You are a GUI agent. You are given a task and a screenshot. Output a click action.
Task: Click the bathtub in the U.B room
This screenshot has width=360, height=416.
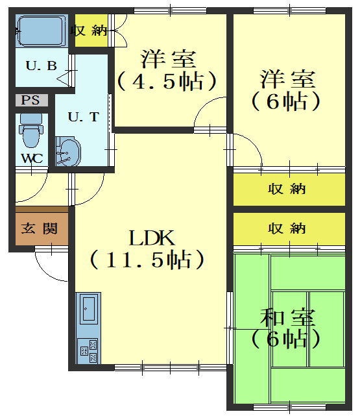pyautogui.click(x=42, y=31)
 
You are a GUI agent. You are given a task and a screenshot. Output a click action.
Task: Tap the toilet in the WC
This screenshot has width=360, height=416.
pyautogui.click(x=31, y=130)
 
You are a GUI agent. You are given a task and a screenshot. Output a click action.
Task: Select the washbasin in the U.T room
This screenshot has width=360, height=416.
pyautogui.click(x=68, y=151)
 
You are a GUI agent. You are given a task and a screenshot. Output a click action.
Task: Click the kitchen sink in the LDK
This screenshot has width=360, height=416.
pyautogui.click(x=88, y=310)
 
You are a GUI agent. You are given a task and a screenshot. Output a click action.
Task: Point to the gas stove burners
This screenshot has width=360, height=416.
pyautogui.click(x=88, y=350)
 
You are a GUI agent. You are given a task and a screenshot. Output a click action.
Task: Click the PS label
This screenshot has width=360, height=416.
pyautogui.click(x=30, y=101)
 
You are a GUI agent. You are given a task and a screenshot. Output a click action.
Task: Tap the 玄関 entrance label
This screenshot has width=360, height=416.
pyautogui.click(x=39, y=228)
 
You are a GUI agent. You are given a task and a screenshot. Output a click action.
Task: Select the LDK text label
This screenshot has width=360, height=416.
pyautogui.click(x=152, y=238)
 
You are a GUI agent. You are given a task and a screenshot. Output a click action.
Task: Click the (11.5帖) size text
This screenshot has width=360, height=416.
pyautogui.click(x=147, y=260)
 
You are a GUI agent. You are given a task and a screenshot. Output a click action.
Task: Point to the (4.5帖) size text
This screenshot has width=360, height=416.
pyautogui.click(x=167, y=81)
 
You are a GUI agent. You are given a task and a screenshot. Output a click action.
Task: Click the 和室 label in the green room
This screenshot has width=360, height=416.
pyautogui.click(x=287, y=317)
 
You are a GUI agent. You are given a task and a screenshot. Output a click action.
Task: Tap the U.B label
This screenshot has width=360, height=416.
pyautogui.click(x=42, y=66)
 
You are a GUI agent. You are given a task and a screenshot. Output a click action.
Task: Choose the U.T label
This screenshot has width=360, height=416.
pyautogui.click(x=84, y=117)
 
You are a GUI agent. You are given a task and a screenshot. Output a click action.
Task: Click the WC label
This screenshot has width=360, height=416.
pyautogui.click(x=32, y=158)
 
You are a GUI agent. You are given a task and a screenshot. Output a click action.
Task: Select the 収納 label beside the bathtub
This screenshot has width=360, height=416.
pyautogui.click(x=89, y=31)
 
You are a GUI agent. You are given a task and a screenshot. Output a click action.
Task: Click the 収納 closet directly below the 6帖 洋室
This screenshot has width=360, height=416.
pyautogui.click(x=289, y=190)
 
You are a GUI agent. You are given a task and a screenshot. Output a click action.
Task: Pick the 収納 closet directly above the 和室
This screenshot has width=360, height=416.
pyautogui.click(x=289, y=228)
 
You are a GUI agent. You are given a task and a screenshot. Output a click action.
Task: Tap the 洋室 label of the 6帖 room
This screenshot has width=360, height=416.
pyautogui.click(x=288, y=79)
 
